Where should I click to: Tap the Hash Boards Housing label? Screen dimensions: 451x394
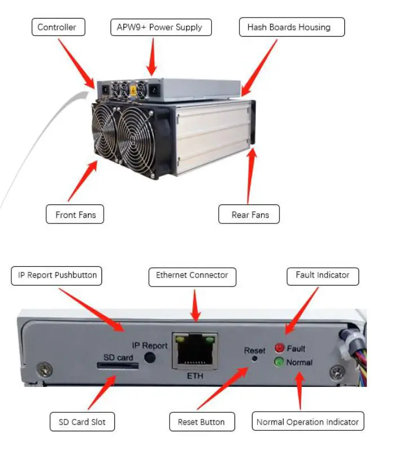(x=288, y=27)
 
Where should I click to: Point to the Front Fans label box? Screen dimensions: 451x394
(x=75, y=215)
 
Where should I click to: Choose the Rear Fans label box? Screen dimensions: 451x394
(x=249, y=215)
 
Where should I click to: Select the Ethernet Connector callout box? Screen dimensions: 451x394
(x=192, y=276)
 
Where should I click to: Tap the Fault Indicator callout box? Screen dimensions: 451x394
(x=322, y=276)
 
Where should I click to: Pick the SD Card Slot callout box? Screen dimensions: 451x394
(x=82, y=421)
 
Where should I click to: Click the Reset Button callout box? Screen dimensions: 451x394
(x=201, y=421)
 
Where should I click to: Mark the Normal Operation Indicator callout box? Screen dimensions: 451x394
(x=307, y=421)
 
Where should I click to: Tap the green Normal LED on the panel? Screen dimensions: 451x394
(x=279, y=362)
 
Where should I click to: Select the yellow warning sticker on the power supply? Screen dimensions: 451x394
(x=134, y=88)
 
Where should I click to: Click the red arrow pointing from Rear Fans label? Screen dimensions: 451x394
(x=251, y=174)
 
